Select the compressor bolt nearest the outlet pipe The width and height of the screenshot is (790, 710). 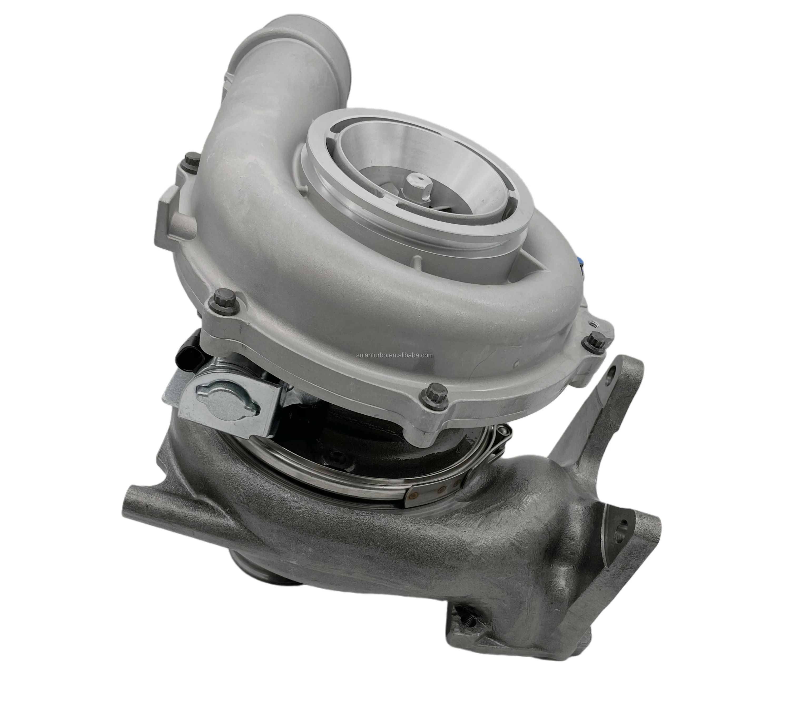pyautogui.click(x=191, y=161)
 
